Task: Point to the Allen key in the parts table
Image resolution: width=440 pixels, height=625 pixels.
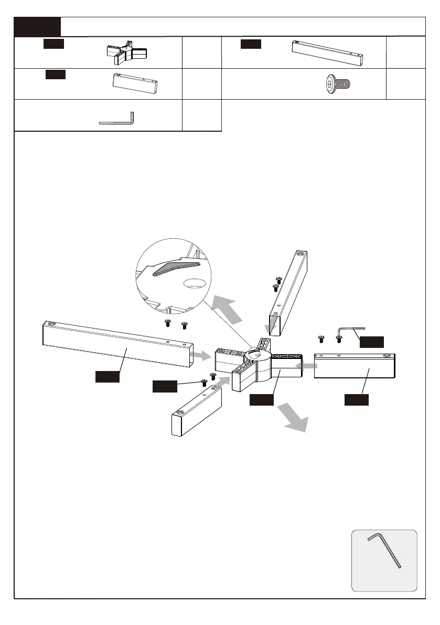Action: [117, 119]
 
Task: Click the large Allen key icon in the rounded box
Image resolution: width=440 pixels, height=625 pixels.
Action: [384, 550]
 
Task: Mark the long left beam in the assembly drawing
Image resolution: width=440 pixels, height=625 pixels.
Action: [118, 343]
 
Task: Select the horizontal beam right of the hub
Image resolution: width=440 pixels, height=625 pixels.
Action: [355, 366]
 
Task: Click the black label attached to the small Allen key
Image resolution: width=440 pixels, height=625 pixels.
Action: [371, 342]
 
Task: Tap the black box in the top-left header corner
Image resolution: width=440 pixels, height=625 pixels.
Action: [37, 26]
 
